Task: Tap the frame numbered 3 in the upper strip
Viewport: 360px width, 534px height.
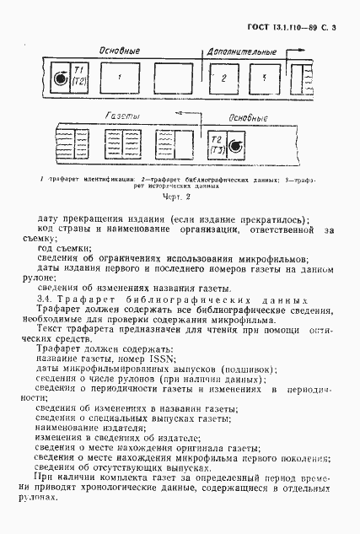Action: pyautogui.click(x=264, y=78)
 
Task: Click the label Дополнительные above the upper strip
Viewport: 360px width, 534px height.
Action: pyautogui.click(x=241, y=51)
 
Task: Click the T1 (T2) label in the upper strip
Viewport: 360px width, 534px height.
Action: pyautogui.click(x=80, y=77)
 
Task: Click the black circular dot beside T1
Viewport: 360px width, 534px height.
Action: pyautogui.click(x=60, y=79)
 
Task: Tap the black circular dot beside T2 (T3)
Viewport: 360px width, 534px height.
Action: pyautogui.click(x=235, y=148)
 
